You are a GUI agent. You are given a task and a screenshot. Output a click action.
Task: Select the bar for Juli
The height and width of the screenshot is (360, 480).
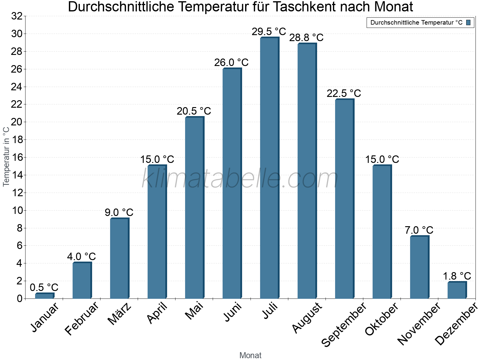click(x=269, y=168)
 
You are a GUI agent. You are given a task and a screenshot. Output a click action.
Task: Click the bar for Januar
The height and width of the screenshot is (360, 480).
click(x=44, y=296)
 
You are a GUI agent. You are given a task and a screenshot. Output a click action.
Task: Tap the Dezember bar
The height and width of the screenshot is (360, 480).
click(x=457, y=290)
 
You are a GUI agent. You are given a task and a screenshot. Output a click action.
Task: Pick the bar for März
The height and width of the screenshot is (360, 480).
click(x=119, y=258)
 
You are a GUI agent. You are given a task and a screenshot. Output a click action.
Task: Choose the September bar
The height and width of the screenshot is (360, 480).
click(x=344, y=199)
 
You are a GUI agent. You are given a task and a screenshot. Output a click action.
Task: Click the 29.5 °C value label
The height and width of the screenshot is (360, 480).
click(x=269, y=31)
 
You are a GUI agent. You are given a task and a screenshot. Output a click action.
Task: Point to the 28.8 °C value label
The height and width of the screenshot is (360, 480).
click(x=306, y=37)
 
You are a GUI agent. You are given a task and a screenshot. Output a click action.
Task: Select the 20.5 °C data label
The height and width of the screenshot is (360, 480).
click(x=194, y=111)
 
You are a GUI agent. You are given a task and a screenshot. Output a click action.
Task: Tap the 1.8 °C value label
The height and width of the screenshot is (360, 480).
click(x=457, y=276)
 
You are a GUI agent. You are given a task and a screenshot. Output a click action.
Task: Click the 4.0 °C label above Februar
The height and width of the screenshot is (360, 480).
click(x=81, y=257)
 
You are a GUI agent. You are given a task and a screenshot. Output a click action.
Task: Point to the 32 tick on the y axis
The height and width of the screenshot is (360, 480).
click(x=17, y=16)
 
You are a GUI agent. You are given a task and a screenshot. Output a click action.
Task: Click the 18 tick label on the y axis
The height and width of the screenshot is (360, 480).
click(x=17, y=140)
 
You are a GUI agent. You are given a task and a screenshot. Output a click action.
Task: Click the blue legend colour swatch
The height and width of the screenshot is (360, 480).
click(x=468, y=22)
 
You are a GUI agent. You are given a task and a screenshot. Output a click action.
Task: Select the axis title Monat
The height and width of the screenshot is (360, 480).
click(x=250, y=355)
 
